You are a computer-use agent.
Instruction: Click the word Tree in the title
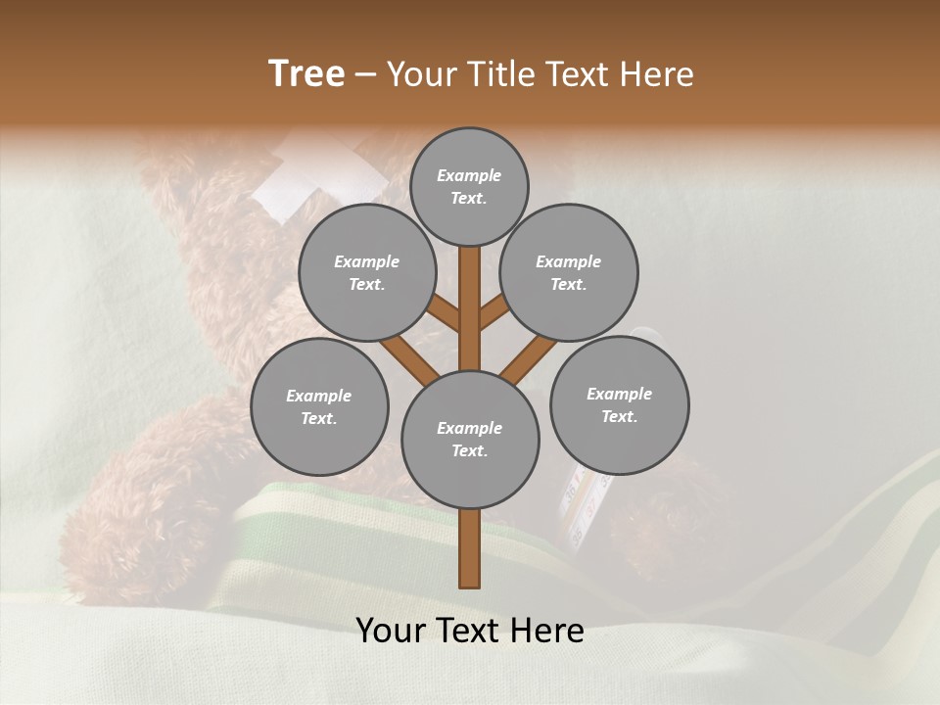coord(306,74)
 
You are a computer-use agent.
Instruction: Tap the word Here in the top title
coord(658,74)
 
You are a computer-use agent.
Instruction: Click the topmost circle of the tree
coord(469,186)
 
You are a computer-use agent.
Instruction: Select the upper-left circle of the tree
coord(366,273)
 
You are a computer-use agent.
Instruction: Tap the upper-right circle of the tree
coord(569,273)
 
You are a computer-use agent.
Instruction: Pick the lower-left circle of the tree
coord(319,406)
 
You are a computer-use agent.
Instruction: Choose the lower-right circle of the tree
coord(619,404)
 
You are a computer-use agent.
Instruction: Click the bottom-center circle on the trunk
coord(470,439)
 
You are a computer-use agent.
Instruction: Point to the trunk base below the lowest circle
coord(470,548)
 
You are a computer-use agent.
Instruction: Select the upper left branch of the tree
coord(444,313)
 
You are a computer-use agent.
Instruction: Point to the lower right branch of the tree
coord(529,356)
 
